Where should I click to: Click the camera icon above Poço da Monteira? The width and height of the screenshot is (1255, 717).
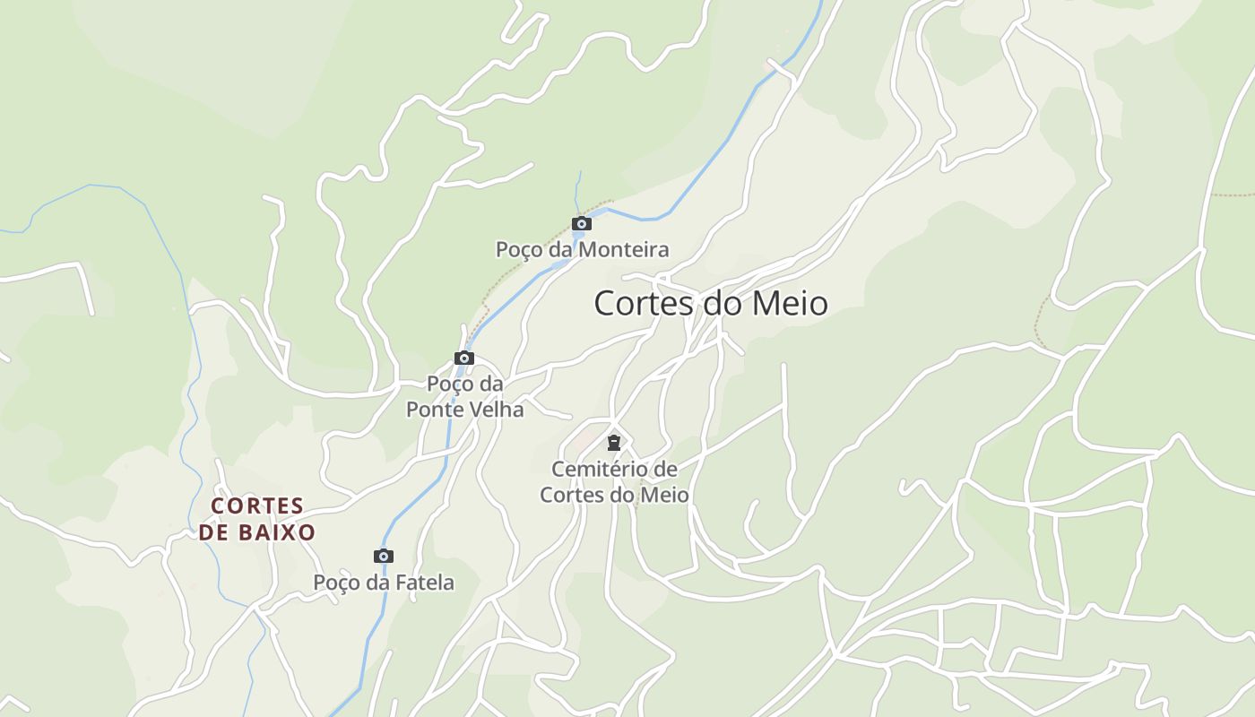pos(582,224)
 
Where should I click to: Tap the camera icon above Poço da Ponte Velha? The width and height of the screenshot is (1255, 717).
pos(463,358)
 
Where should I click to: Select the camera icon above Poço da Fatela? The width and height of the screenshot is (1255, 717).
pos(384,557)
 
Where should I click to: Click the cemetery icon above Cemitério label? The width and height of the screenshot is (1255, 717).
pos(614,443)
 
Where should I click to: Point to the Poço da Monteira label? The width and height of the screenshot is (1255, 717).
pos(583,249)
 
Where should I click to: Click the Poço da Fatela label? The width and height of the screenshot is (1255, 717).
pos(384,583)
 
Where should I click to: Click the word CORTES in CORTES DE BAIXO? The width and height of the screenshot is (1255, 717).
pos(257,506)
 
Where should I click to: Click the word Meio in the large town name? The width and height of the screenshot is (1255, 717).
pos(789,303)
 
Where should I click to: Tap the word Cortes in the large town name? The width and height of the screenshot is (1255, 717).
pos(644,303)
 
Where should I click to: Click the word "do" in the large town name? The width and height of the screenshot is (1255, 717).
pos(721,303)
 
